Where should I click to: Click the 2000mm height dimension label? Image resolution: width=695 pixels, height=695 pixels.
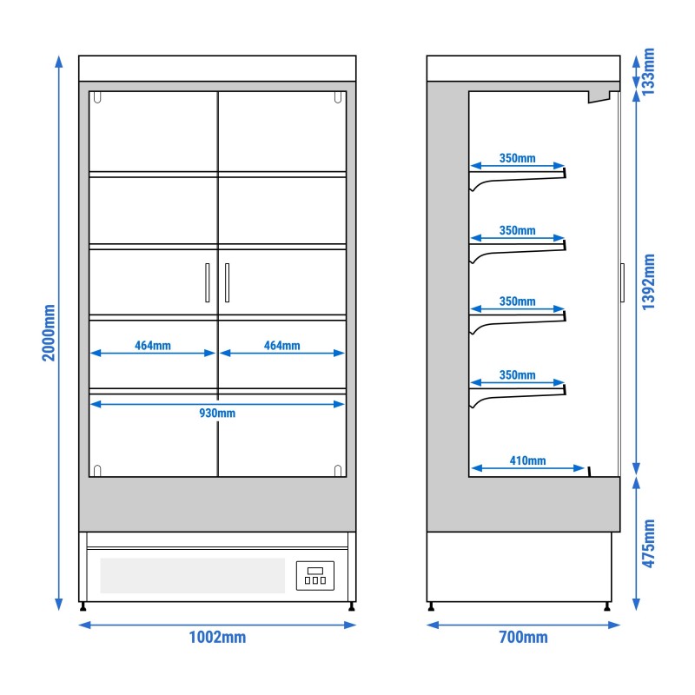pos(49,333)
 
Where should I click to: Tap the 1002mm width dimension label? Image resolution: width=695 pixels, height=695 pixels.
pos(217,638)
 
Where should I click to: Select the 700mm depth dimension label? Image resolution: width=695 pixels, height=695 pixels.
pos(523,638)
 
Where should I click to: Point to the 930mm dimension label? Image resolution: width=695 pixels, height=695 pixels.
pos(217,414)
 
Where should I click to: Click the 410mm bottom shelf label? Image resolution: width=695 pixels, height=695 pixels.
pos(528,460)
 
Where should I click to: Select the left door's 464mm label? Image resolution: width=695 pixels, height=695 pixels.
pos(153,346)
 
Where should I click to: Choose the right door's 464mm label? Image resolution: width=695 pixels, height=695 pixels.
pos(281,346)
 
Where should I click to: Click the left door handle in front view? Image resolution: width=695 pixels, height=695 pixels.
pos(207,282)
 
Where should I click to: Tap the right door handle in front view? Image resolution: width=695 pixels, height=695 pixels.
pos(227,282)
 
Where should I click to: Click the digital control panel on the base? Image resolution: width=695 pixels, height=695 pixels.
pos(315,576)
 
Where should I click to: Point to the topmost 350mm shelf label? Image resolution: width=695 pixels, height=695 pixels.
pos(518,159)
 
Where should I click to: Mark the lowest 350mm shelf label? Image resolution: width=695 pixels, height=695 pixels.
pos(518,375)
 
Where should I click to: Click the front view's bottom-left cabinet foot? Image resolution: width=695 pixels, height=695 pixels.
pos(83,606)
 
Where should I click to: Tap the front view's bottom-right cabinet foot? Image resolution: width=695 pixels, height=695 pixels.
pos(351,606)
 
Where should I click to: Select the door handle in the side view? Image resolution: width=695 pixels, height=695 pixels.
pos(623,281)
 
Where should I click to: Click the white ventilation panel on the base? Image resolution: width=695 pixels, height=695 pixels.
pos(192,576)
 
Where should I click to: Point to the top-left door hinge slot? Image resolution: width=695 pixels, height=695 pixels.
pos(97,98)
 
